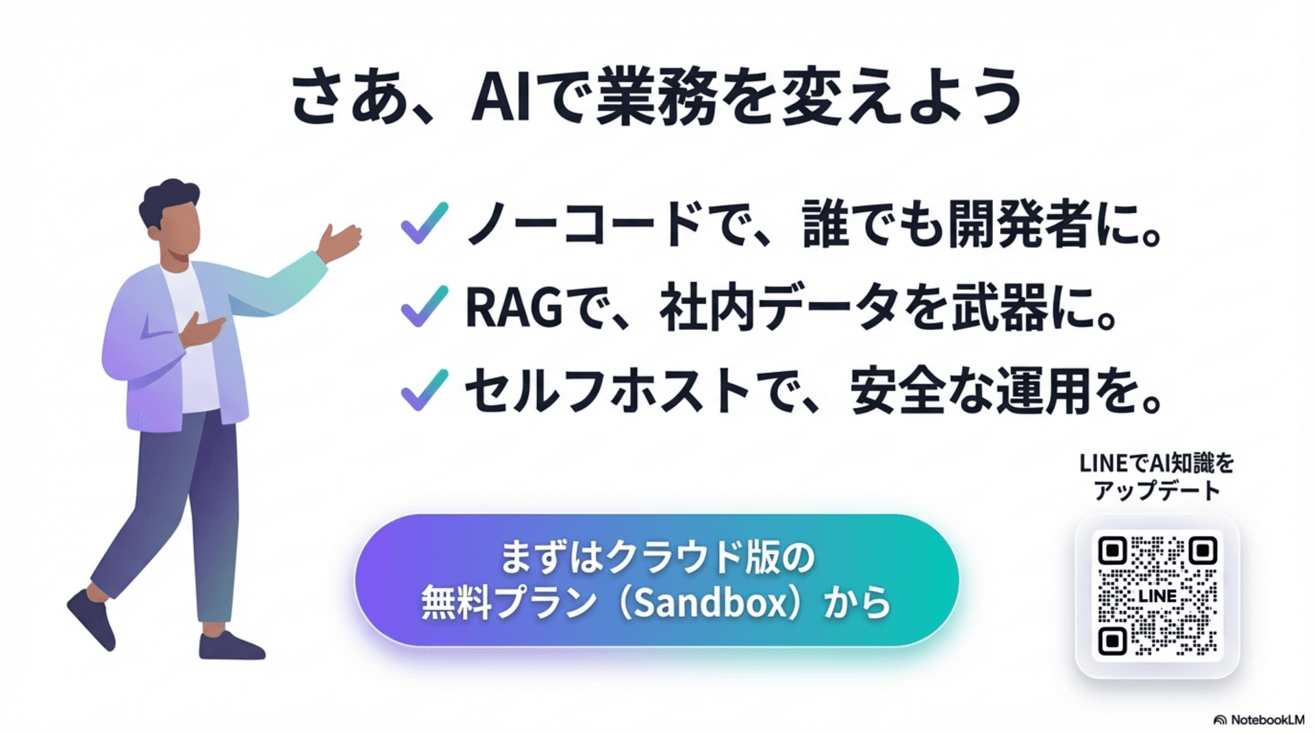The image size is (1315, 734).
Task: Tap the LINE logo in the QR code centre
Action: [1157, 596]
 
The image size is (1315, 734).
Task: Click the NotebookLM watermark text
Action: [1267, 720]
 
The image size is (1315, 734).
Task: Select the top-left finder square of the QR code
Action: [1112, 550]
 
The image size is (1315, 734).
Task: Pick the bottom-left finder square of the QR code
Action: [1112, 642]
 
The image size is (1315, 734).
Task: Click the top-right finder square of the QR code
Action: [1203, 550]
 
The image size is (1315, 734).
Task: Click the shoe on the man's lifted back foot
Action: [91, 620]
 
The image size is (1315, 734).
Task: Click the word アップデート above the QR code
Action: [1157, 491]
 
